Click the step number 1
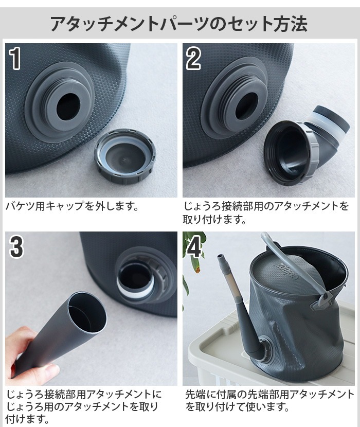tap(16, 59)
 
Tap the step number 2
tap(193, 59)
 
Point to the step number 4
tap(194, 247)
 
